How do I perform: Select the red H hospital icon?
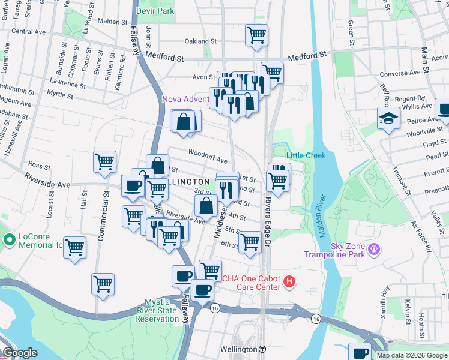click(289, 281)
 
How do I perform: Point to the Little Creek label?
click(306, 155)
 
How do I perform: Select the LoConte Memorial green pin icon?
click(9, 241)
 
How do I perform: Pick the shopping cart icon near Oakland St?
click(256, 34)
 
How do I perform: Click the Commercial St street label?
click(101, 215)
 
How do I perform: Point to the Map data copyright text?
click(412, 355)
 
